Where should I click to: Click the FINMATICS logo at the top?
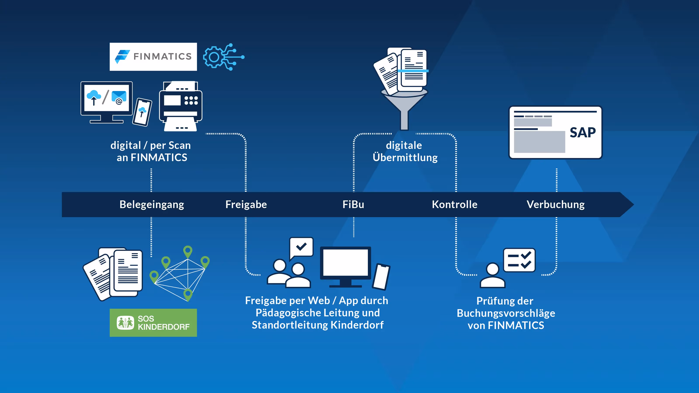tap(153, 57)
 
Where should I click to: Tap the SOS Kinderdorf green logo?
tap(153, 322)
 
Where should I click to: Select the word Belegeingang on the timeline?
tap(152, 205)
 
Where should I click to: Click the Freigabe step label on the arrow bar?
tap(246, 205)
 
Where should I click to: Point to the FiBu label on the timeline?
tap(353, 205)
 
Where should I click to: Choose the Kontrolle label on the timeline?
tap(455, 205)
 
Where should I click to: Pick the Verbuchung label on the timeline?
tap(555, 205)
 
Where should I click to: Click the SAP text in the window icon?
tap(583, 133)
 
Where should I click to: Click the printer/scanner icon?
tap(181, 106)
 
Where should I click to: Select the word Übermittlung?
tap(405, 158)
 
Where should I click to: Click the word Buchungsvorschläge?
tap(506, 313)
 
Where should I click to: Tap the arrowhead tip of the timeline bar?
tap(634, 205)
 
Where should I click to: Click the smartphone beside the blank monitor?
tap(381, 276)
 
